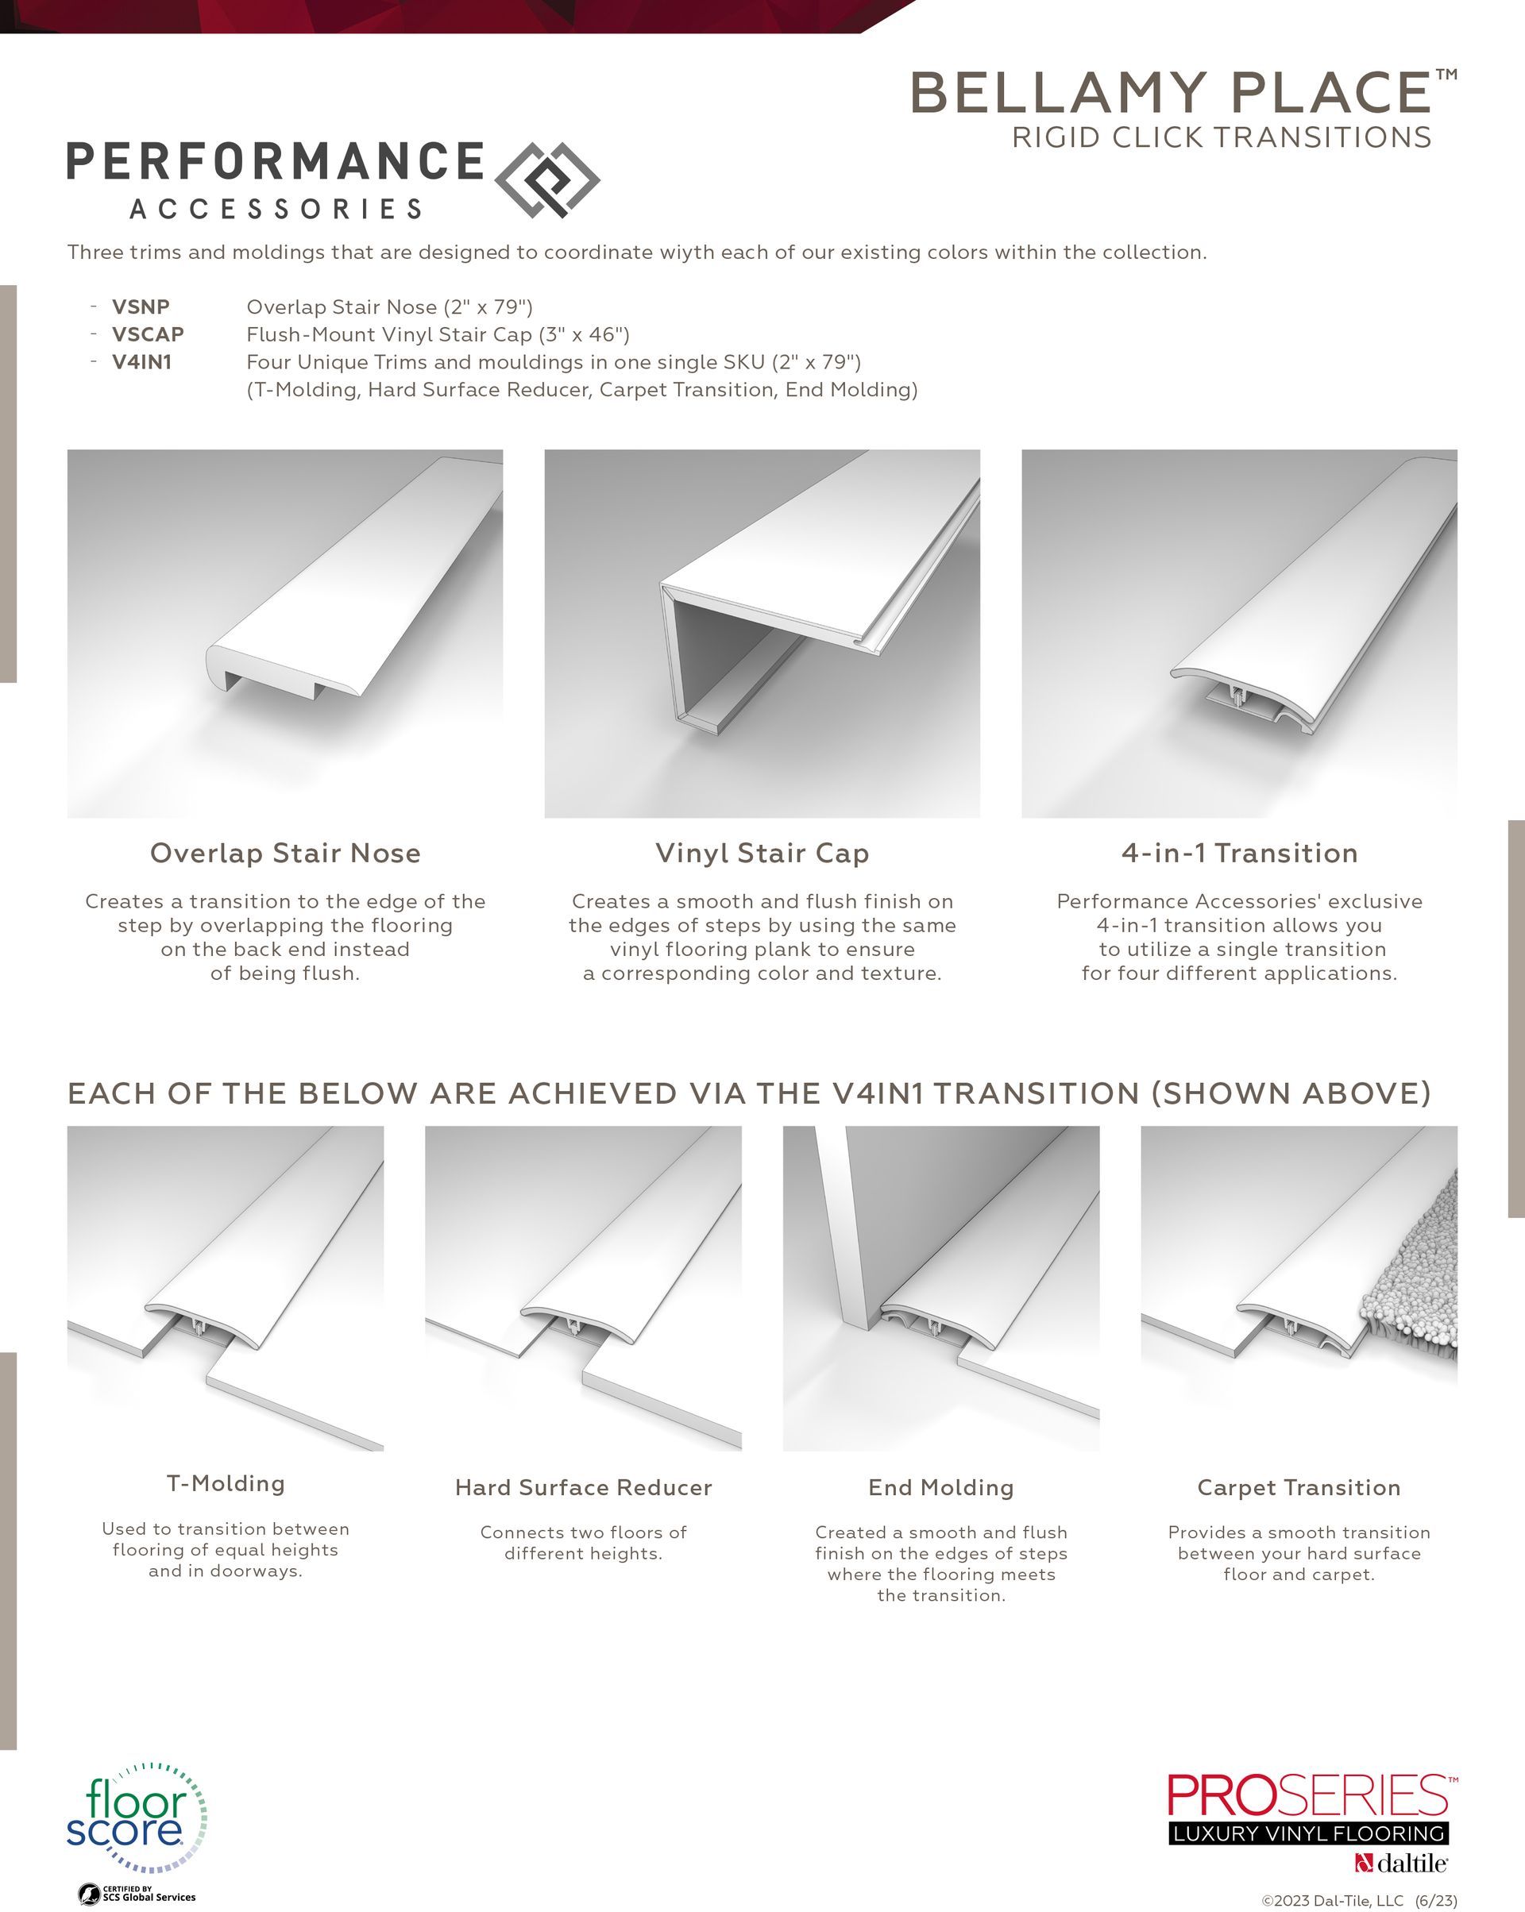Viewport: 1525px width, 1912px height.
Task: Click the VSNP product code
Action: click(x=140, y=306)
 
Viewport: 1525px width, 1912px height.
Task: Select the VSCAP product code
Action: click(x=147, y=334)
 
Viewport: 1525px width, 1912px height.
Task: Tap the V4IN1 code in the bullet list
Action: click(x=141, y=362)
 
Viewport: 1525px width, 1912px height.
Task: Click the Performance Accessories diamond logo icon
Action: click(x=546, y=180)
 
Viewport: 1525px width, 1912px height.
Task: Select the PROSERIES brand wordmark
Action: click(x=1307, y=1796)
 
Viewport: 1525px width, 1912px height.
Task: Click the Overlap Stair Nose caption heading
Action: click(x=285, y=853)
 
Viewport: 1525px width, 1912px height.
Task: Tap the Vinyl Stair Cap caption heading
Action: click(x=762, y=853)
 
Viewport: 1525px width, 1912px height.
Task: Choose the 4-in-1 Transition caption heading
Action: click(x=1239, y=853)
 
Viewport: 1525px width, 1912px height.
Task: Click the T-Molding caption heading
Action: click(x=226, y=1484)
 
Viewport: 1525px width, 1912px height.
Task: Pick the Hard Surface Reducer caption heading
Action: click(x=583, y=1487)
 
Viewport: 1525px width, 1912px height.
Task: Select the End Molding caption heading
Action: click(x=940, y=1487)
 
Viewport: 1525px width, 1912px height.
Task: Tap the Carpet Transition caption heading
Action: click(x=1299, y=1487)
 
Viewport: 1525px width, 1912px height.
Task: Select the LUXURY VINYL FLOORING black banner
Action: click(x=1307, y=1834)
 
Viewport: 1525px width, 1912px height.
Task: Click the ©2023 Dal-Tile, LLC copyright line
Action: click(x=1358, y=1900)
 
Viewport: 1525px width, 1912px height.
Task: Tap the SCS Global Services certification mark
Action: click(x=137, y=1895)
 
